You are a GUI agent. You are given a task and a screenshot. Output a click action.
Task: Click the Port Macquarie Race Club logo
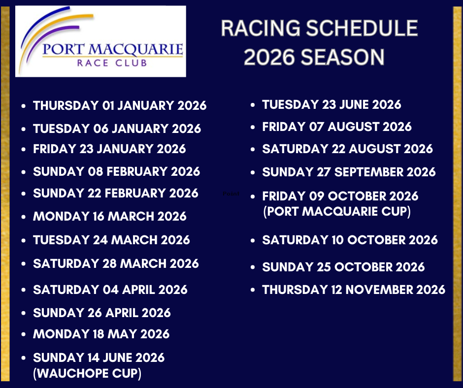(x=100, y=41)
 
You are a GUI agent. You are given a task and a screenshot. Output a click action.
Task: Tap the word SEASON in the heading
(x=342, y=57)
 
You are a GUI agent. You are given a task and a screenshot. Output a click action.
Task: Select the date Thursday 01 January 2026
(x=120, y=105)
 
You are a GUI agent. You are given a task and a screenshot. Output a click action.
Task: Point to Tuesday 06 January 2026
(x=117, y=129)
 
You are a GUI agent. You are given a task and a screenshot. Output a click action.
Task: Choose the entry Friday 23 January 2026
(x=109, y=149)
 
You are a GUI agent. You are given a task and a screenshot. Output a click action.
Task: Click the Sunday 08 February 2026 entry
(x=117, y=171)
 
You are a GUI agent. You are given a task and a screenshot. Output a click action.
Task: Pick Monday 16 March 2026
(x=110, y=217)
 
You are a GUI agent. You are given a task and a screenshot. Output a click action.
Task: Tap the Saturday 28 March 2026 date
(x=116, y=263)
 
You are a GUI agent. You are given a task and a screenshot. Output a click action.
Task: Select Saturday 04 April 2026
(x=110, y=290)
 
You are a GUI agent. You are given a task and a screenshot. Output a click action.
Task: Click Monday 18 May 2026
(x=101, y=334)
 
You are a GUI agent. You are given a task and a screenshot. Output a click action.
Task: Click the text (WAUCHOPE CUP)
(x=87, y=373)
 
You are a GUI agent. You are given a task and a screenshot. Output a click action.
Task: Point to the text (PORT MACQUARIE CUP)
(x=337, y=211)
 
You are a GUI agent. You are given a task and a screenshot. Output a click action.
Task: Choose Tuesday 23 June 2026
(x=331, y=104)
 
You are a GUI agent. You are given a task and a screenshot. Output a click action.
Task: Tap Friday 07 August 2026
(x=337, y=127)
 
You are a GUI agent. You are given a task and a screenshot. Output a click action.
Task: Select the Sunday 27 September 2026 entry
(x=349, y=172)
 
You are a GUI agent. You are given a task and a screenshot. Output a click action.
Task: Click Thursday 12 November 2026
(x=354, y=290)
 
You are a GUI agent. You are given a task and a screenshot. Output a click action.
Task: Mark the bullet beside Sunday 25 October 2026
(x=253, y=267)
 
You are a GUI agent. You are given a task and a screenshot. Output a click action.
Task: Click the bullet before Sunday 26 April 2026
(x=24, y=313)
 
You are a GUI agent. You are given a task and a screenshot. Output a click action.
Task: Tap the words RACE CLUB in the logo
(x=112, y=63)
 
